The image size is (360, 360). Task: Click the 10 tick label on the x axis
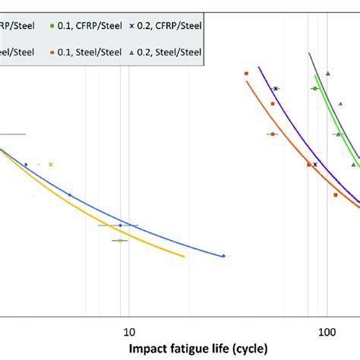pyautogui.click(x=128, y=331)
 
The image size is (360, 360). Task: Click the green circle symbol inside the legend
pyautogui.click(x=51, y=25)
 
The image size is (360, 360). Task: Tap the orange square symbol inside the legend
pyautogui.click(x=51, y=52)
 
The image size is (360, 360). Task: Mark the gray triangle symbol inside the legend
pyautogui.click(x=131, y=52)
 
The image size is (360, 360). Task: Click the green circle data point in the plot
pyautogui.click(x=314, y=89)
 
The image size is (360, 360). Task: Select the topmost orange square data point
pyautogui.click(x=247, y=73)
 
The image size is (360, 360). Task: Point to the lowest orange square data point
pyautogui.click(x=335, y=194)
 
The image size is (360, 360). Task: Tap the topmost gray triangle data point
pyautogui.click(x=327, y=73)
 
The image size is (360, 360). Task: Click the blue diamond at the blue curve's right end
pyautogui.click(x=223, y=256)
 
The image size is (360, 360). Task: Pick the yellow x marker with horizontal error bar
pyautogui.click(x=119, y=241)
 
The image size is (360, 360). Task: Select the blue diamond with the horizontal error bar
pyautogui.click(x=120, y=226)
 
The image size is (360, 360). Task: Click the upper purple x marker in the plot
pyautogui.click(x=276, y=89)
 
